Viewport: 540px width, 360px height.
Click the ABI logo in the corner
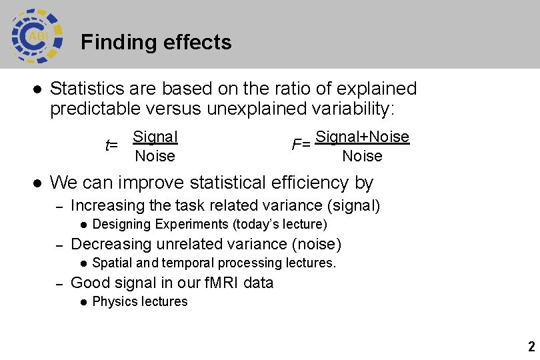point(37,35)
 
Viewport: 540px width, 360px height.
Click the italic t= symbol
point(111,145)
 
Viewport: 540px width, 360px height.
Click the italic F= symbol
point(301,144)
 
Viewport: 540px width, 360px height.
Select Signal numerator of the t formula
point(155,137)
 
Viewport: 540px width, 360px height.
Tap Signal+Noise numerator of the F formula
point(362,137)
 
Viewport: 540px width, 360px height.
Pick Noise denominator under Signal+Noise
point(362,156)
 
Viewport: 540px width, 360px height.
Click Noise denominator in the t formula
point(155,156)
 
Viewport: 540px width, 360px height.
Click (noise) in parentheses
point(319,244)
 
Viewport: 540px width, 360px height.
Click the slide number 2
point(531,347)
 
